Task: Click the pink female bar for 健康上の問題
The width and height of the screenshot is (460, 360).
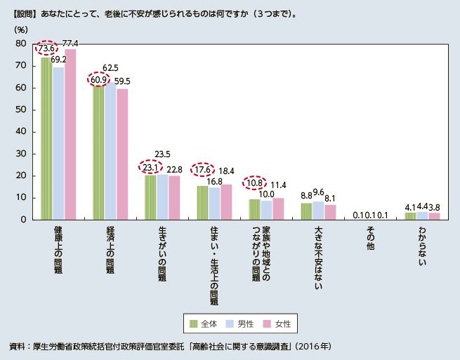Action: (70, 133)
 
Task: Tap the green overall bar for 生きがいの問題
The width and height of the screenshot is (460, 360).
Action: (150, 197)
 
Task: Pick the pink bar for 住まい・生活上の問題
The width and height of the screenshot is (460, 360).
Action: (226, 202)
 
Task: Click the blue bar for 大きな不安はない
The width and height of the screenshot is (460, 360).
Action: (317, 211)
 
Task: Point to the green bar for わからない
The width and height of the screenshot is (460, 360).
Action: (410, 216)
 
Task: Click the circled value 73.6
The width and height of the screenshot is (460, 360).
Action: (48, 48)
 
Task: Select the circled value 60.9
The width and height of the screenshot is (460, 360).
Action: (100, 80)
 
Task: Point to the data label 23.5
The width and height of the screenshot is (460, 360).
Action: (162, 154)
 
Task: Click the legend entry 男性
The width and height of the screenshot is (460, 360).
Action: (239, 324)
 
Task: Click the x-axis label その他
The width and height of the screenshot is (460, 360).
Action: (370, 239)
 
